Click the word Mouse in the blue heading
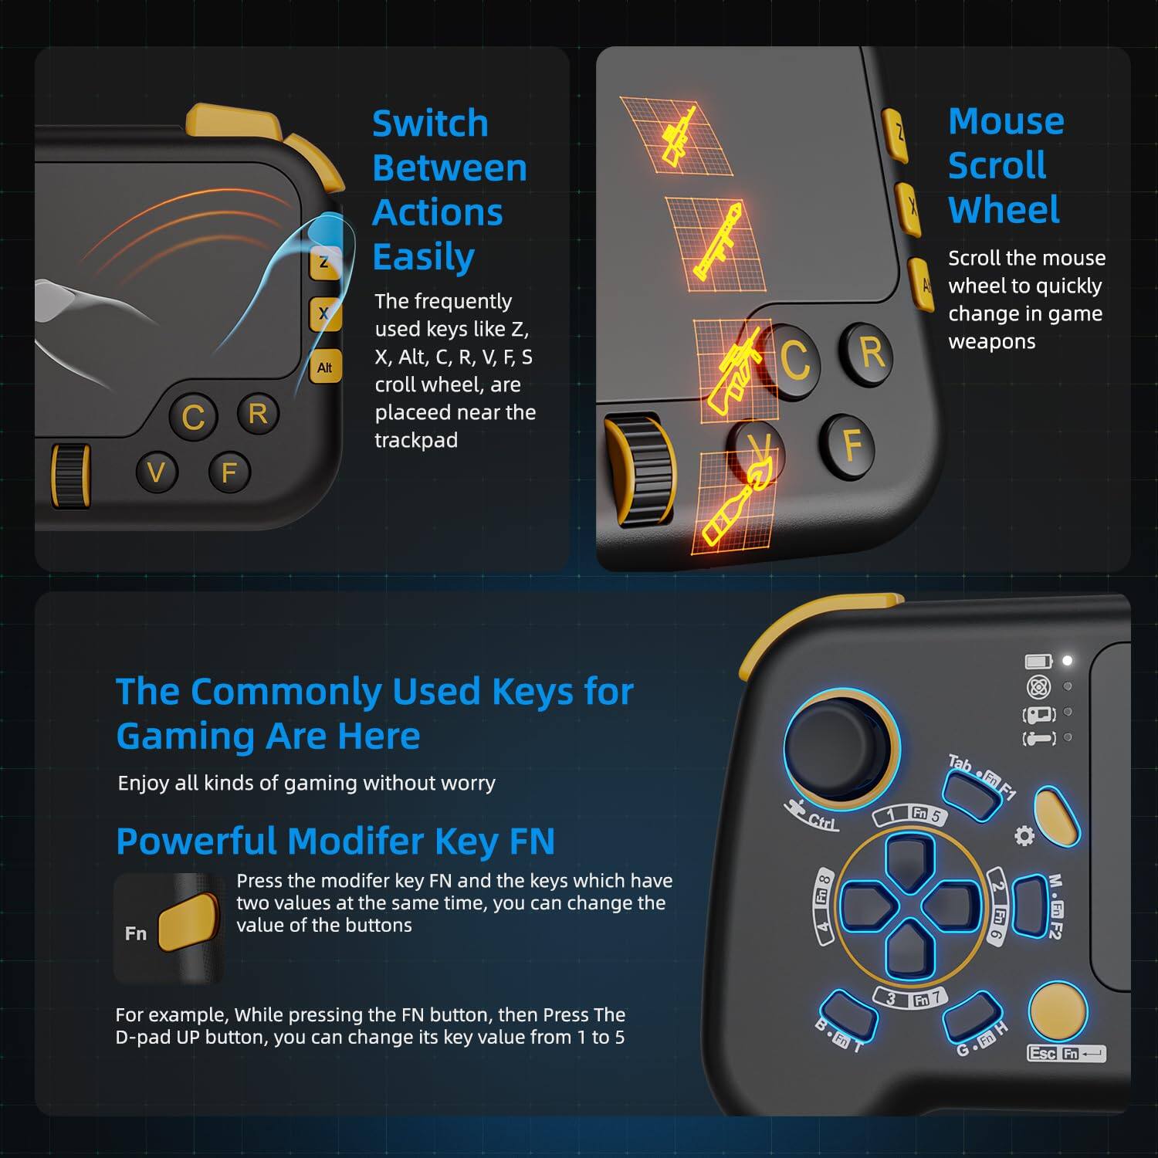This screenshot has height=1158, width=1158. click(x=1006, y=121)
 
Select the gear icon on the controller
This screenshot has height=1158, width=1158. click(x=1024, y=835)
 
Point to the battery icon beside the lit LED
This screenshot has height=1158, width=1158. click(x=1038, y=662)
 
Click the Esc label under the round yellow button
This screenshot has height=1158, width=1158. click(x=1042, y=1053)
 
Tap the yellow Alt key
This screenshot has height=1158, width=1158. click(x=325, y=367)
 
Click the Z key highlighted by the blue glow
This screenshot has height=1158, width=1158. click(x=324, y=262)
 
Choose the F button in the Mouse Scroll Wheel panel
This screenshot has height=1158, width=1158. click(x=852, y=445)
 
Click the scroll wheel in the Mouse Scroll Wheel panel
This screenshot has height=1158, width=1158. click(x=641, y=471)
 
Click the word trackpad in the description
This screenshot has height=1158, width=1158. click(x=416, y=440)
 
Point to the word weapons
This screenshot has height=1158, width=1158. click(x=991, y=341)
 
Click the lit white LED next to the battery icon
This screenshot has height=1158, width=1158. click(x=1068, y=661)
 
